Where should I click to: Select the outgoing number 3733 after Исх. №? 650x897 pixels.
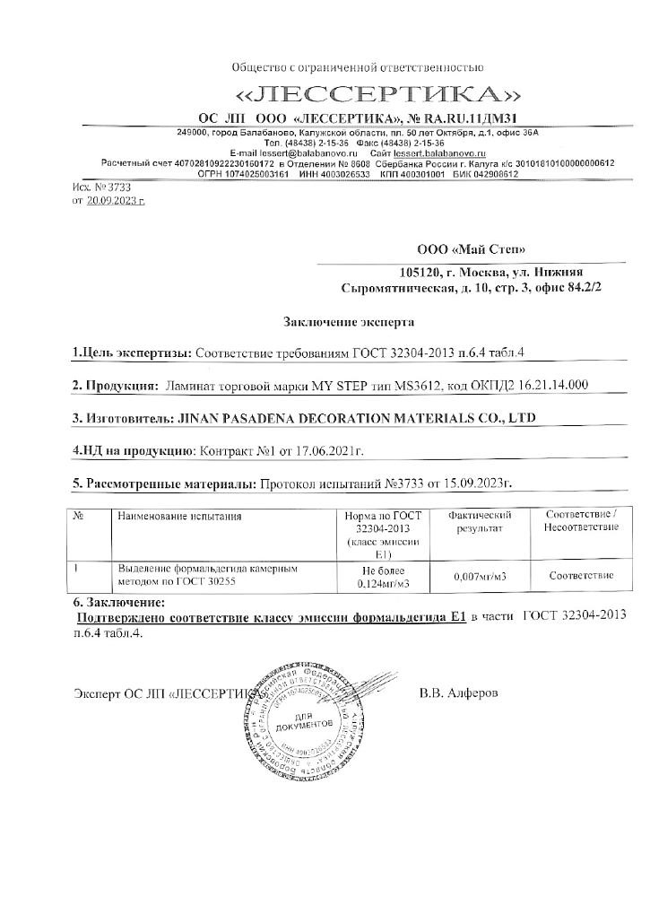(x=118, y=187)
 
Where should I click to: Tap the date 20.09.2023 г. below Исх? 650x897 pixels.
(x=115, y=203)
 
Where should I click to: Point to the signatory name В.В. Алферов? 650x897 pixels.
(x=457, y=693)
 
